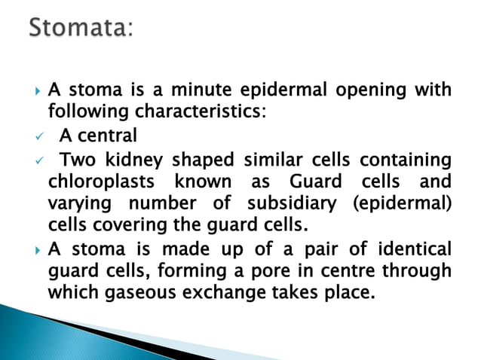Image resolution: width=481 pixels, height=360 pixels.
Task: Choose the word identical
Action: pyautogui.click(x=412, y=249)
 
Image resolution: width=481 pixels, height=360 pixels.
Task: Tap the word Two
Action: pyautogui.click(x=77, y=160)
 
